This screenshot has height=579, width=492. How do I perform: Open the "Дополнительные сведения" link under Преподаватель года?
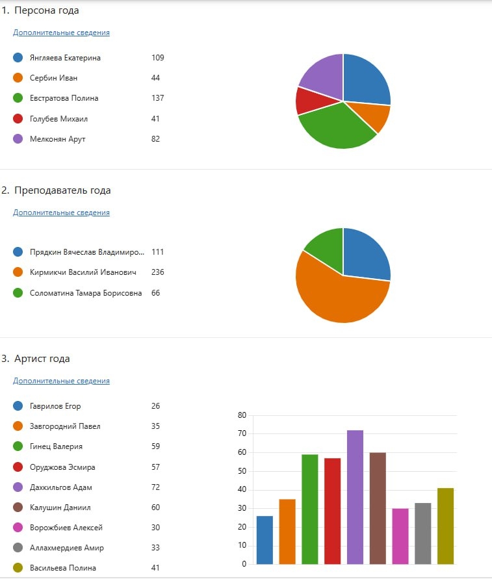click(61, 212)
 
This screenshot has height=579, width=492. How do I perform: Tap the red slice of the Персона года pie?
click(305, 101)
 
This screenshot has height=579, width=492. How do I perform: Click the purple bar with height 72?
click(355, 497)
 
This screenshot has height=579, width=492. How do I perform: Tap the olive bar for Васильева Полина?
click(445, 526)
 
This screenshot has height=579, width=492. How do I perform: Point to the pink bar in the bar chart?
click(400, 536)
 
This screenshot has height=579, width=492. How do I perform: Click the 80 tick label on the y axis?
click(242, 415)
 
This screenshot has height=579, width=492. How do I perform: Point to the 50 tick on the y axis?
click(242, 471)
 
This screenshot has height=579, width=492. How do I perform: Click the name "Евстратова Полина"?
click(64, 98)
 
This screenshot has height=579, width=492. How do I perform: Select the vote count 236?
click(157, 272)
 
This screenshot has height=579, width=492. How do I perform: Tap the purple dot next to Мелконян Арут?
click(18, 139)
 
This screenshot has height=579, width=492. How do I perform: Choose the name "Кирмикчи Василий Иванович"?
click(83, 272)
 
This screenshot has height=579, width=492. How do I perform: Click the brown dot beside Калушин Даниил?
click(18, 508)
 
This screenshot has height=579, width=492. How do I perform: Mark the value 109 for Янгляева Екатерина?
click(157, 58)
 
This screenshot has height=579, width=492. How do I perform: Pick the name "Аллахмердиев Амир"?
click(67, 548)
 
